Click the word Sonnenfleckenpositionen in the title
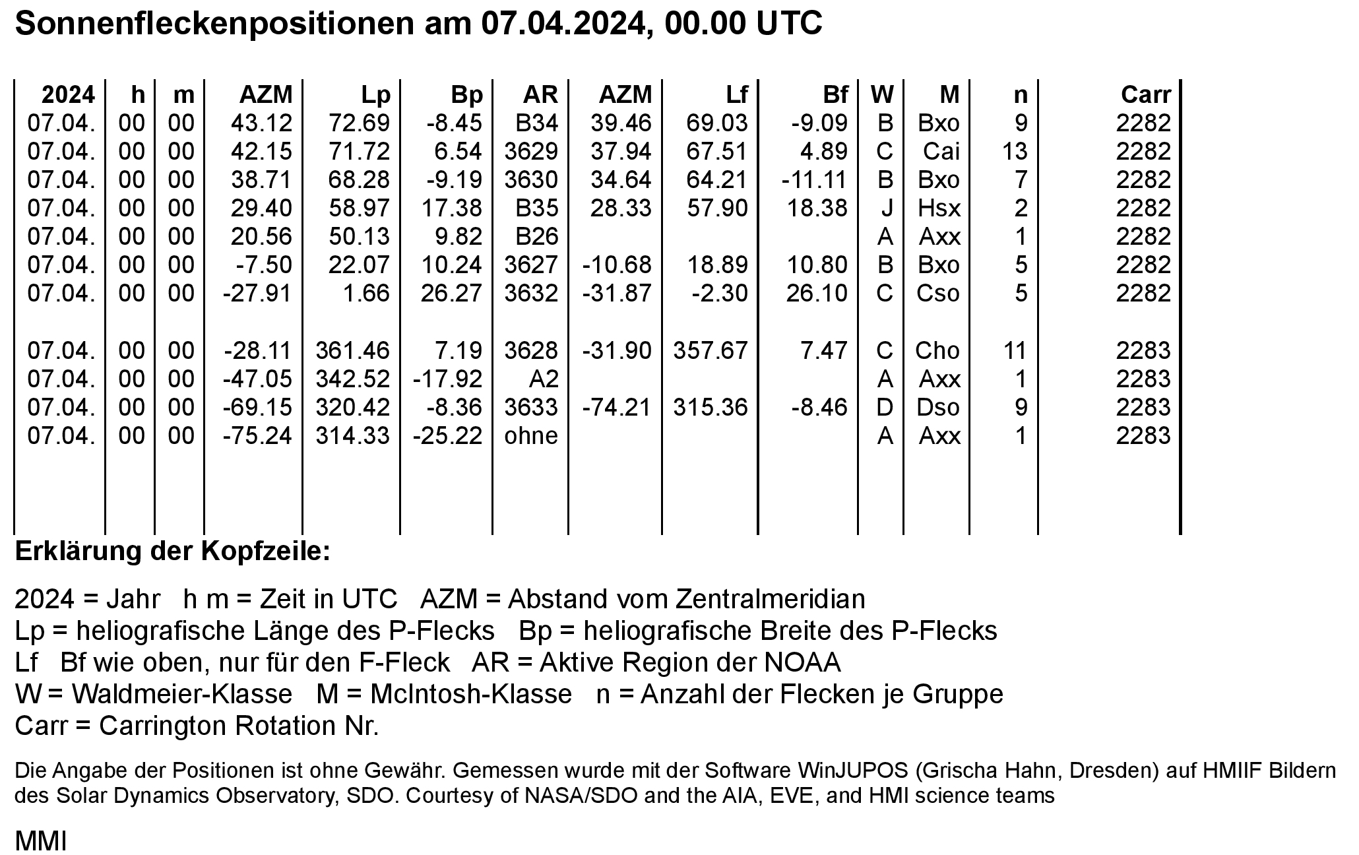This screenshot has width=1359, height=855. tap(211, 24)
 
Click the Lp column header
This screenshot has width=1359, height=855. tap(376, 96)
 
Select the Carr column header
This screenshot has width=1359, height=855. tap(1145, 96)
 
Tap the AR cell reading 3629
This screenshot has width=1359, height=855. tap(531, 152)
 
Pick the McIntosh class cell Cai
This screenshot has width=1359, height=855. tap(941, 152)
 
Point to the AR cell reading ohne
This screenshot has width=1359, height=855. tap(531, 436)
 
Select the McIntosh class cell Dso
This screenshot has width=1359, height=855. tap(938, 408)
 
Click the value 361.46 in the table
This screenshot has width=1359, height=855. tap(352, 350)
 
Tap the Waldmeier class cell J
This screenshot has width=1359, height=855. tap(887, 208)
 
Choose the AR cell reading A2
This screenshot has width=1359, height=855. tap(544, 379)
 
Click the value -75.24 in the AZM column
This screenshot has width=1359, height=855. tap(257, 436)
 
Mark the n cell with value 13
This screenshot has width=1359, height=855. tap(1014, 152)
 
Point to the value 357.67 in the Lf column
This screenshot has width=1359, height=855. tap(711, 350)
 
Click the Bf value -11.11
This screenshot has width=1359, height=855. tap(814, 180)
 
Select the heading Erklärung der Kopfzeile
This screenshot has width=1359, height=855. tap(172, 552)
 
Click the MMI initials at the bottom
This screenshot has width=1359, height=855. tap(41, 841)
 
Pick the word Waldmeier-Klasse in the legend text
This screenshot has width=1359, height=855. tap(182, 694)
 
